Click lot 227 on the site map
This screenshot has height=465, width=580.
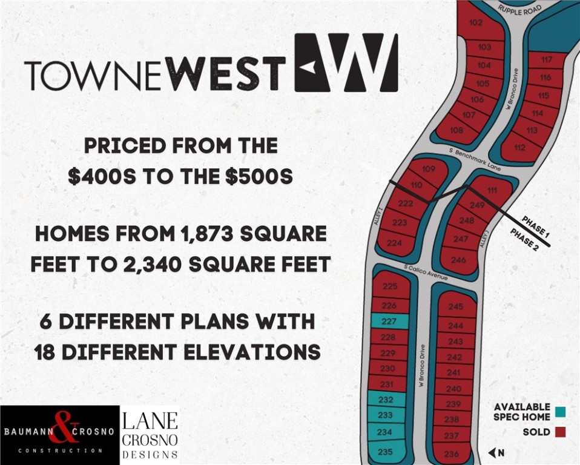click(x=389, y=322)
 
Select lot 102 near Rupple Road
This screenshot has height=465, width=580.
click(x=476, y=23)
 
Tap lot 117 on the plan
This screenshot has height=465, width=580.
click(x=547, y=59)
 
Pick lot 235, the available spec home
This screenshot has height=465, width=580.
click(x=385, y=451)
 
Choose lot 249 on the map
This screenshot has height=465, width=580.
click(x=478, y=206)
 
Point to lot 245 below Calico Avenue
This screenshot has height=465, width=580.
click(x=455, y=306)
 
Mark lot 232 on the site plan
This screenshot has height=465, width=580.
click(x=386, y=400)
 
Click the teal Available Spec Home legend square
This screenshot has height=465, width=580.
click(x=561, y=412)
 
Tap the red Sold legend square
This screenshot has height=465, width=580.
click(x=561, y=432)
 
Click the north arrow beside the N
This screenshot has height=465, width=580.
click(x=492, y=452)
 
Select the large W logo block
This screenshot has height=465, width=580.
click(x=346, y=62)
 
